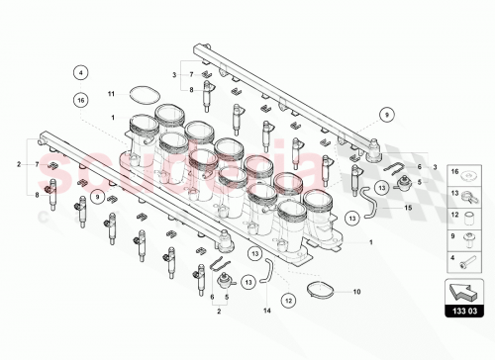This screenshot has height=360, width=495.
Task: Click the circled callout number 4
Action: click(82, 71)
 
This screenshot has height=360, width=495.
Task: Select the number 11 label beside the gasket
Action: click(112, 93)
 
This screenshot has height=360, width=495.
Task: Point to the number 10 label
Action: click(357, 292)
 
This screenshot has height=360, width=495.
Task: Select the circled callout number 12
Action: click(288, 299)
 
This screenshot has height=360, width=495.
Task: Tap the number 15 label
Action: click(406, 208)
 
